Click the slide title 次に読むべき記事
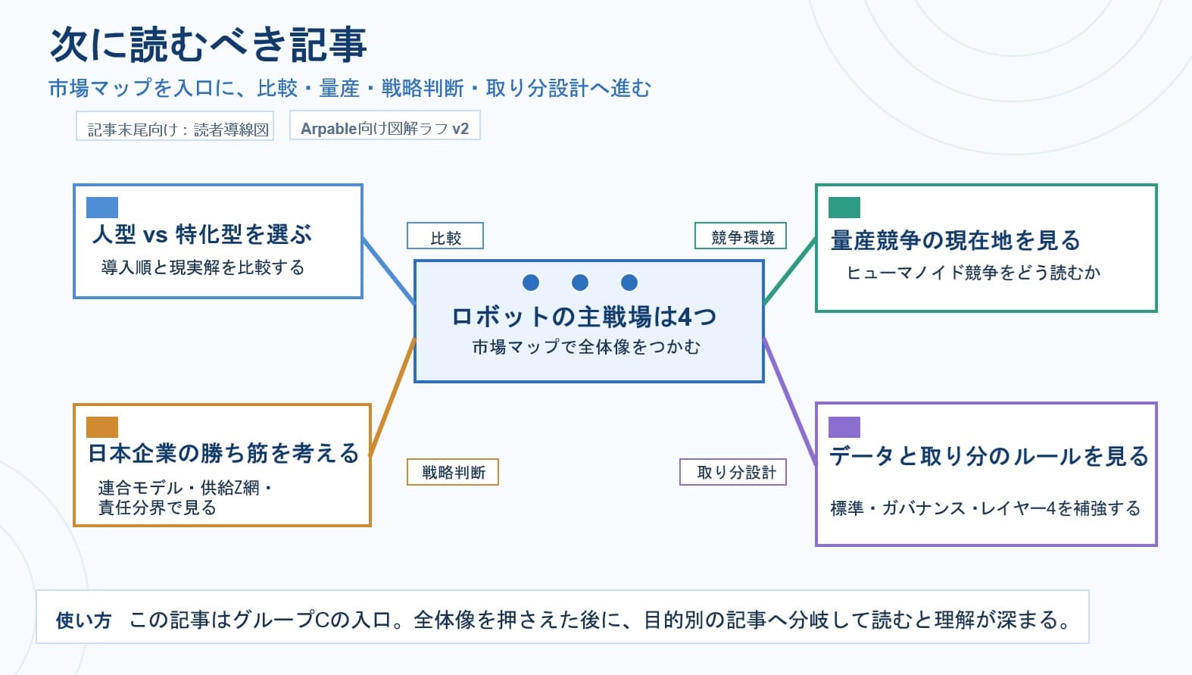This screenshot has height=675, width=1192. pyautogui.click(x=208, y=44)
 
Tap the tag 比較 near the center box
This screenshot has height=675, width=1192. pyautogui.click(x=445, y=237)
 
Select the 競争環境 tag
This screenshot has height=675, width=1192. pyautogui.click(x=741, y=237)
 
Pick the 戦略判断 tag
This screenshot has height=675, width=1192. pyautogui.click(x=453, y=472)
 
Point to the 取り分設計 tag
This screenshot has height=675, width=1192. pyautogui.click(x=733, y=472)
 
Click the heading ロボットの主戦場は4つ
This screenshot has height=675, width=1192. pyautogui.click(x=584, y=316)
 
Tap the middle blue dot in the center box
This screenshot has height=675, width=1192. pyautogui.click(x=580, y=283)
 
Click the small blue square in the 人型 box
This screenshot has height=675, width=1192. pyautogui.click(x=102, y=207)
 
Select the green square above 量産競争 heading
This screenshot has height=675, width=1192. pyautogui.click(x=844, y=207)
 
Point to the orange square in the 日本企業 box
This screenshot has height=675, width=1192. pyautogui.click(x=102, y=427)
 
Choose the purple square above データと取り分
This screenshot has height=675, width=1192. pyautogui.click(x=844, y=427)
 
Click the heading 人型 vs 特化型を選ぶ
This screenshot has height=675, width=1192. pyautogui.click(x=201, y=234)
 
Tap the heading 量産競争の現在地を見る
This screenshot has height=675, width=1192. pyautogui.click(x=956, y=240)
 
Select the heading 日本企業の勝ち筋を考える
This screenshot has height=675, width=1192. pyautogui.click(x=223, y=453)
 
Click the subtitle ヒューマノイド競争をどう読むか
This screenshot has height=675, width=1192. pyautogui.click(x=973, y=272)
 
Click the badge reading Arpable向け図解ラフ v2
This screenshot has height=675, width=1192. pyautogui.click(x=385, y=128)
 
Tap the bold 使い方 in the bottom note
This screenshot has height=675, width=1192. pyautogui.click(x=83, y=620)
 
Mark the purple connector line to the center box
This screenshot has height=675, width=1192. pyautogui.click(x=790, y=402)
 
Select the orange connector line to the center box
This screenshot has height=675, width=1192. pyautogui.click(x=392, y=398)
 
